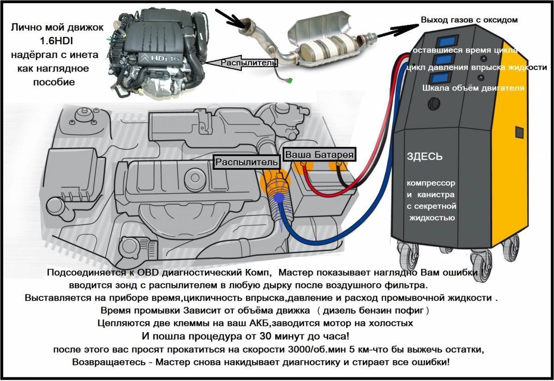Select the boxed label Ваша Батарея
(x=319, y=155)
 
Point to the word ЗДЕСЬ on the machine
(x=425, y=157)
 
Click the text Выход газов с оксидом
(x=469, y=20)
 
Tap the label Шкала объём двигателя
(x=473, y=88)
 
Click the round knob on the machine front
(x=434, y=102)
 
